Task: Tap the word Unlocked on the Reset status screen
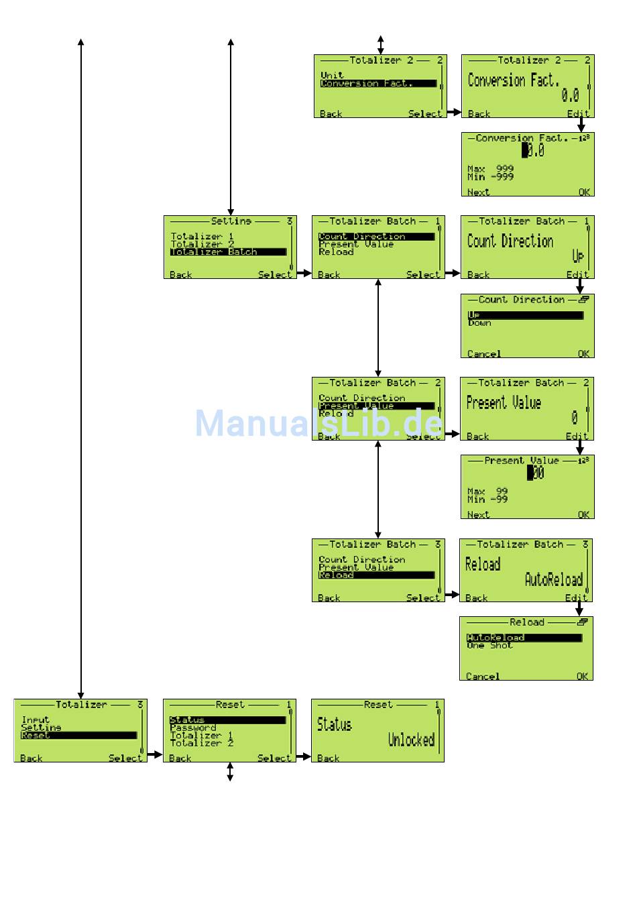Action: coord(411,740)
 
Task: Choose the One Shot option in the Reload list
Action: coord(489,646)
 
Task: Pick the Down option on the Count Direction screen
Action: coord(479,323)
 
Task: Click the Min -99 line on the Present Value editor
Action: coord(487,500)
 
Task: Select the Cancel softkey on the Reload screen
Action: coord(483,676)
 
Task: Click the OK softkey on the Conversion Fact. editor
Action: coord(584,192)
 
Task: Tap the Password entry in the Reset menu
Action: coord(193,728)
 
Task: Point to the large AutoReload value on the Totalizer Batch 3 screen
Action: coord(553,579)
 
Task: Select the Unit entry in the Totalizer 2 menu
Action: coord(332,76)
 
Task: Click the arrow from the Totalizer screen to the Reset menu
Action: coord(155,754)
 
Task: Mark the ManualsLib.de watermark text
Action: coord(318,424)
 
